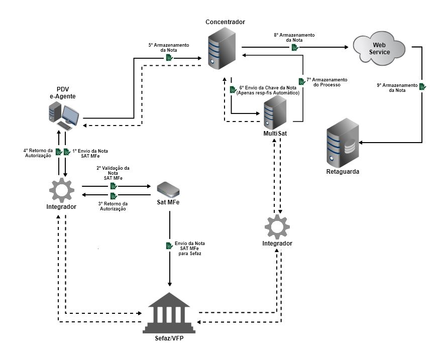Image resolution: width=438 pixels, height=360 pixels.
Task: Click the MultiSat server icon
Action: [x=274, y=112]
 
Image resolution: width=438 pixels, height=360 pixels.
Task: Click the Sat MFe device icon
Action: [x=168, y=189]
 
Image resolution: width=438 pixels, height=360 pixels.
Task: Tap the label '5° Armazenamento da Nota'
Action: [x=169, y=48]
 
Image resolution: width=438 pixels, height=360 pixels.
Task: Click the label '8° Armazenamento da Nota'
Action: [x=294, y=38]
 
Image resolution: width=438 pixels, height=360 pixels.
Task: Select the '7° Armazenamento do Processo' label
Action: [x=326, y=82]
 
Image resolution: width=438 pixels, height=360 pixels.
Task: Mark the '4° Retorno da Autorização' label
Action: [x=38, y=153]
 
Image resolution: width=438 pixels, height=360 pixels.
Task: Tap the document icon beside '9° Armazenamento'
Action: [x=422, y=87]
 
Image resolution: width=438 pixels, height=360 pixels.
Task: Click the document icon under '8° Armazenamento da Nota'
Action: [x=294, y=48]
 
